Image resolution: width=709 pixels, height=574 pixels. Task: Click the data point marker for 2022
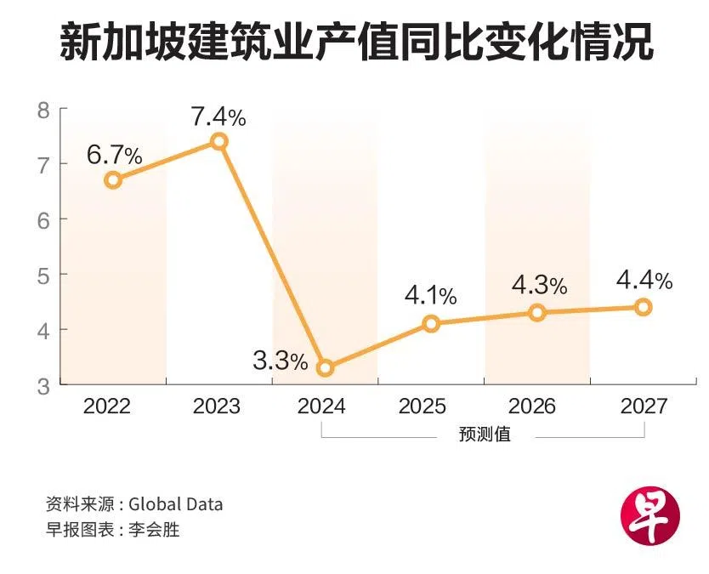(112, 179)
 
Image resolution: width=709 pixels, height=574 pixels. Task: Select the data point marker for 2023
(218, 141)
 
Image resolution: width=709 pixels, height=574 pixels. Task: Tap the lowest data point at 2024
(325, 368)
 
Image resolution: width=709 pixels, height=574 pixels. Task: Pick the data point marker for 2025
(431, 323)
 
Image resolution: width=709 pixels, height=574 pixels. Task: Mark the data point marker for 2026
(537, 312)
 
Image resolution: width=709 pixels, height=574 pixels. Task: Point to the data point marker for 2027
(644, 307)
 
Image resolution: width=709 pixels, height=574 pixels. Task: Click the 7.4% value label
(218, 117)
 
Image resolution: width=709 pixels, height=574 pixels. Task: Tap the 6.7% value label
(114, 156)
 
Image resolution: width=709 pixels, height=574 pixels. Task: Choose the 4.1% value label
(430, 297)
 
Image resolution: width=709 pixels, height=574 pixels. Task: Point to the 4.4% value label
(644, 280)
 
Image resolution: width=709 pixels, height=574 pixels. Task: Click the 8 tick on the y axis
(43, 110)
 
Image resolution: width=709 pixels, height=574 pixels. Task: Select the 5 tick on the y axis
(43, 276)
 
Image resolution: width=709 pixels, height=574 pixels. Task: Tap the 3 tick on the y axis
(43, 386)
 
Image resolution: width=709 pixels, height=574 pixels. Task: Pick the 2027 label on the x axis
(644, 406)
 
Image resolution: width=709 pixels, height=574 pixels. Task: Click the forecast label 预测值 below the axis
(485, 435)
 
